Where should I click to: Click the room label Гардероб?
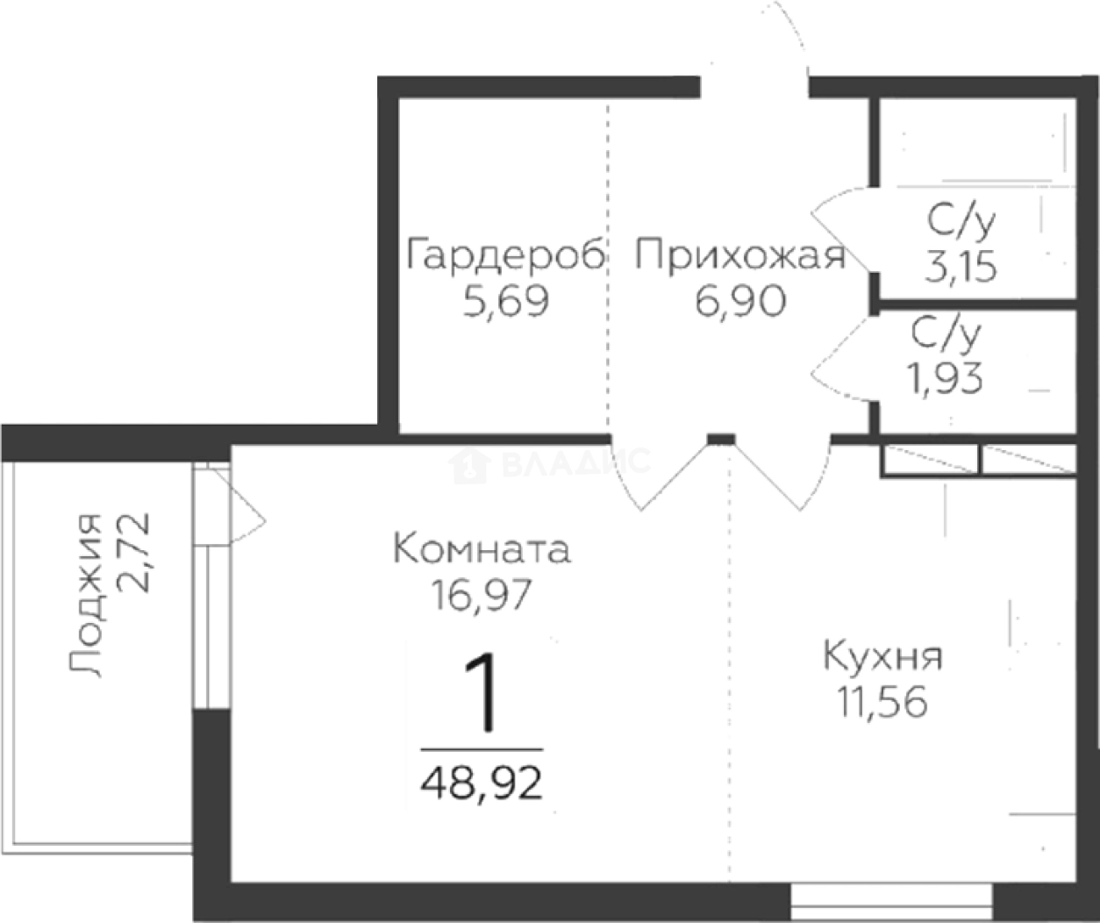(x=506, y=256)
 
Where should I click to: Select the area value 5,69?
(x=506, y=303)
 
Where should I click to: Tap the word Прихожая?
(x=740, y=256)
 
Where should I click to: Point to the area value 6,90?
(x=740, y=303)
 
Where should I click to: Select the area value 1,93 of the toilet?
(x=946, y=379)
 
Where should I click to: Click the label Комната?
(x=482, y=550)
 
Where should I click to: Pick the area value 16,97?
(x=482, y=597)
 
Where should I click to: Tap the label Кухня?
(x=882, y=656)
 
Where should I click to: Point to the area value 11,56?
(x=882, y=703)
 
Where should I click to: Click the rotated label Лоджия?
(x=86, y=596)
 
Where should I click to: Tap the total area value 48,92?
(x=482, y=782)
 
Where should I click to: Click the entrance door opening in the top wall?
(x=754, y=85)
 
